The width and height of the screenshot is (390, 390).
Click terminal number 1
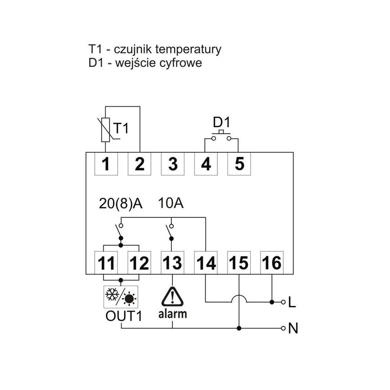point(106,164)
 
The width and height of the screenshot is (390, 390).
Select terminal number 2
point(139,164)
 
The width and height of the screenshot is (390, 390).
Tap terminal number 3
point(172,164)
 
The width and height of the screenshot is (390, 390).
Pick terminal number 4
point(206,164)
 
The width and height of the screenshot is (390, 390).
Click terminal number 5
point(239,164)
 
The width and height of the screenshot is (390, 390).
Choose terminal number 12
point(139,263)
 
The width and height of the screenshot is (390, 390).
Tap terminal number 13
point(172,263)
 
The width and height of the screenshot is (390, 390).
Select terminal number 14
point(206,263)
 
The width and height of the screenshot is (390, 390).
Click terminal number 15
point(239,263)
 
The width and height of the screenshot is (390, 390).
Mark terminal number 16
point(272,263)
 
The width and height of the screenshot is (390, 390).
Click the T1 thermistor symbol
point(106,130)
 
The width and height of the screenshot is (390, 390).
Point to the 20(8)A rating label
point(121,204)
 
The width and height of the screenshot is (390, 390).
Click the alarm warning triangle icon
point(172,295)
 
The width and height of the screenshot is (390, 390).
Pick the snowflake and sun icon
point(121,295)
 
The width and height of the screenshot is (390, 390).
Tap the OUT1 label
point(121,317)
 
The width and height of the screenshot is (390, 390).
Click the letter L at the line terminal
point(292,302)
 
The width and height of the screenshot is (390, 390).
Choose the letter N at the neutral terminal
point(293,328)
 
